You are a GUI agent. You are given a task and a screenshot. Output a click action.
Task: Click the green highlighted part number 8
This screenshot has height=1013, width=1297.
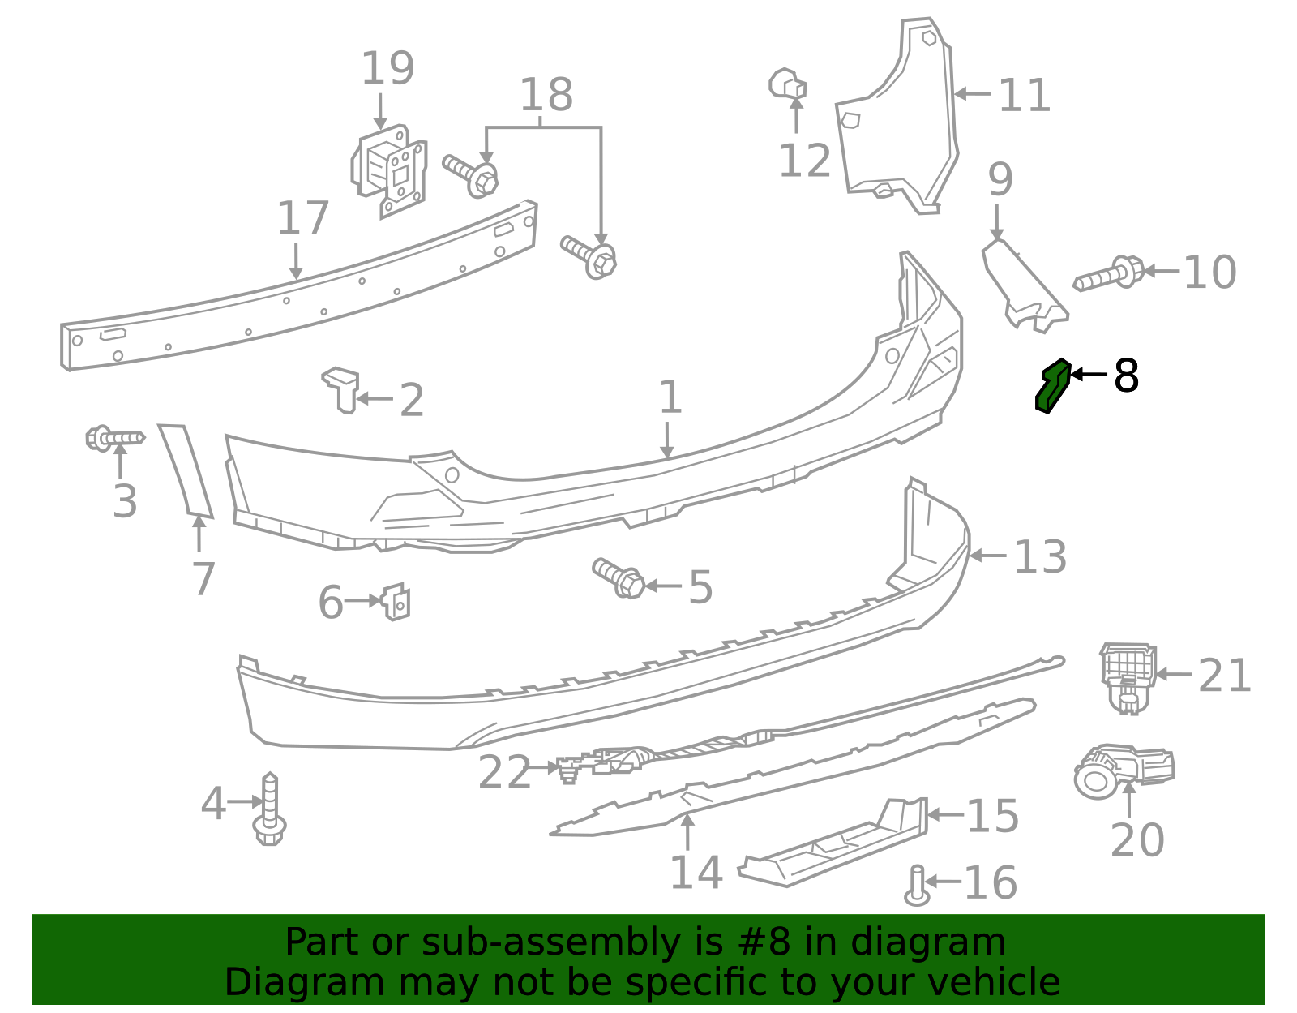1053,386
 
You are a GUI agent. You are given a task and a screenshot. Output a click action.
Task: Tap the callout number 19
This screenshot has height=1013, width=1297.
387,69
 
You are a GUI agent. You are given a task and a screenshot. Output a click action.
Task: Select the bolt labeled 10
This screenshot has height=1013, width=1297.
1109,274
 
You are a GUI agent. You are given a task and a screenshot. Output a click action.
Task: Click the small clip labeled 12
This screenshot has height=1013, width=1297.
787,84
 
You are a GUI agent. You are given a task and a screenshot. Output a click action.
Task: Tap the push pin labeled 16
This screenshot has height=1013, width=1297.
916,885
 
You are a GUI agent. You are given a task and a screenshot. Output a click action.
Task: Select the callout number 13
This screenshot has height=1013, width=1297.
1040,557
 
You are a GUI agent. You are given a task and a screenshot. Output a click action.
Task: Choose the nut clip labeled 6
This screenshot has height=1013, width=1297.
396,601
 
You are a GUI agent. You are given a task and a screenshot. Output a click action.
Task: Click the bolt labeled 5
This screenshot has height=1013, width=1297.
619,577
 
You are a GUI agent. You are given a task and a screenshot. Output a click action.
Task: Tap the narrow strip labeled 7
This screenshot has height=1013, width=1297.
186,470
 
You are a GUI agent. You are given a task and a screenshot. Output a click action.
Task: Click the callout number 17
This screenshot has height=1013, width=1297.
302,219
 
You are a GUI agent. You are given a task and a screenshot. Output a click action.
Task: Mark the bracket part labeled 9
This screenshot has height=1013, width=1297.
1024,285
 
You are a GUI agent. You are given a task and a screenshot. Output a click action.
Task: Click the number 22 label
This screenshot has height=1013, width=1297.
503,772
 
